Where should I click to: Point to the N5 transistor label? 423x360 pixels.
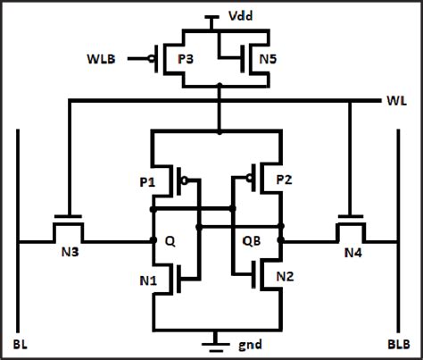click(x=267, y=61)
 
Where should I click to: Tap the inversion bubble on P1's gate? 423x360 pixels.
click(x=185, y=180)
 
